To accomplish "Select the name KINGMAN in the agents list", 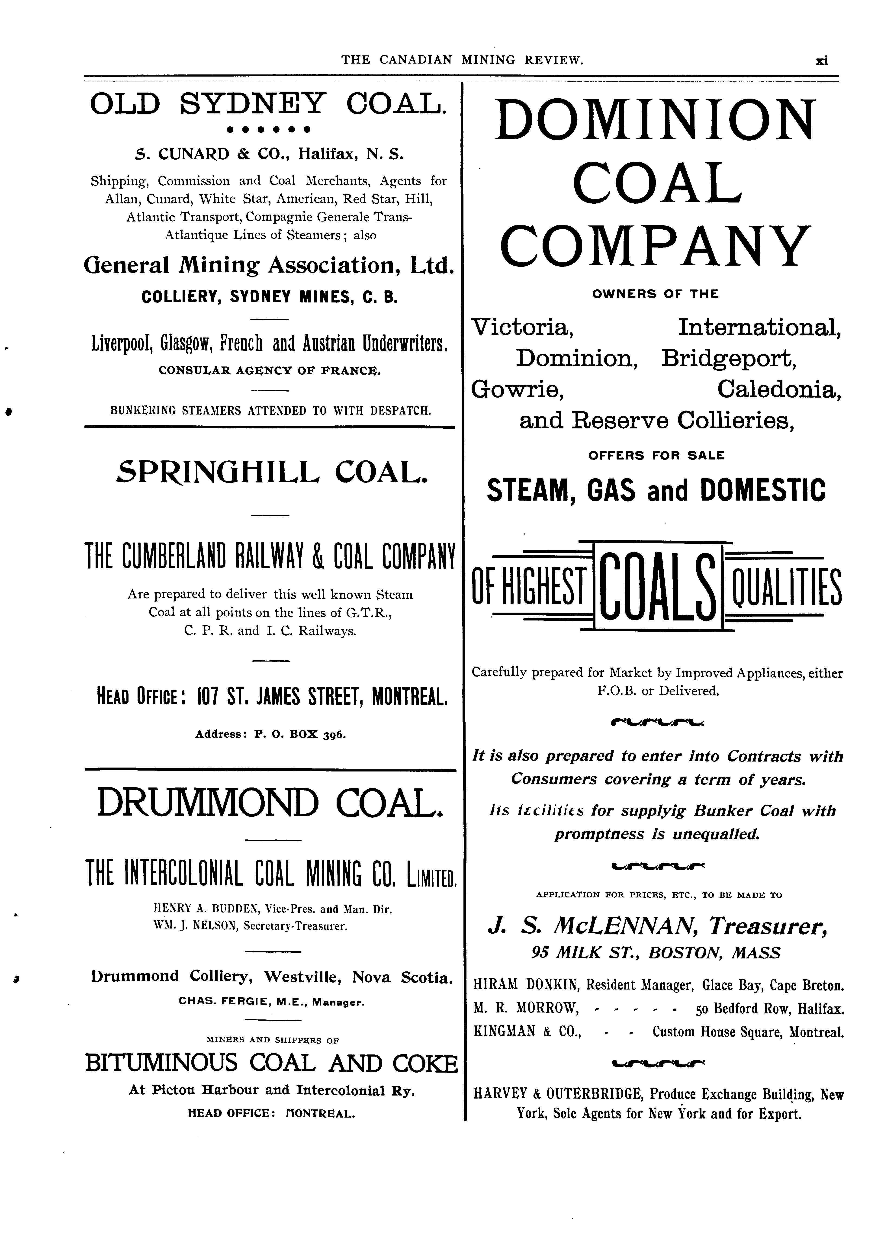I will (505, 1032).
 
